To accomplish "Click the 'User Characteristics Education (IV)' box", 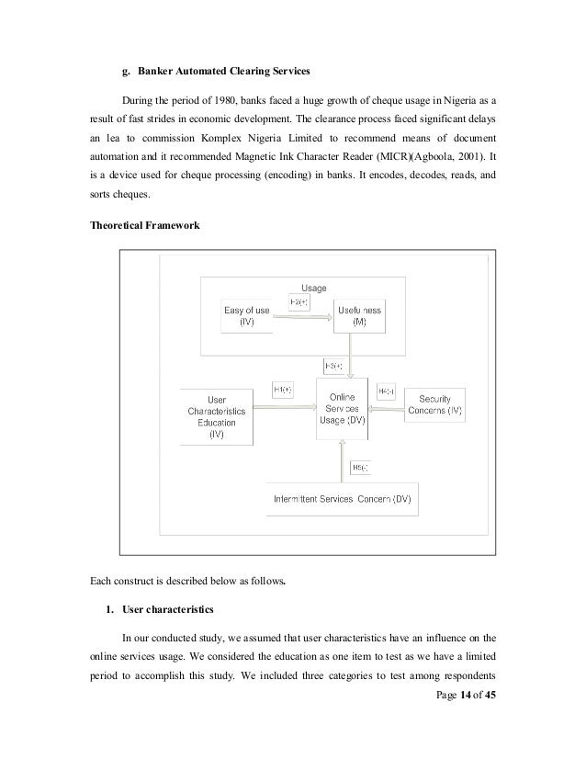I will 217,419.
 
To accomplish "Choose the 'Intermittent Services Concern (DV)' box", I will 343,499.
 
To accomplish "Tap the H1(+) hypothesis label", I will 281,390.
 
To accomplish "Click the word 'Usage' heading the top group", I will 314,288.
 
